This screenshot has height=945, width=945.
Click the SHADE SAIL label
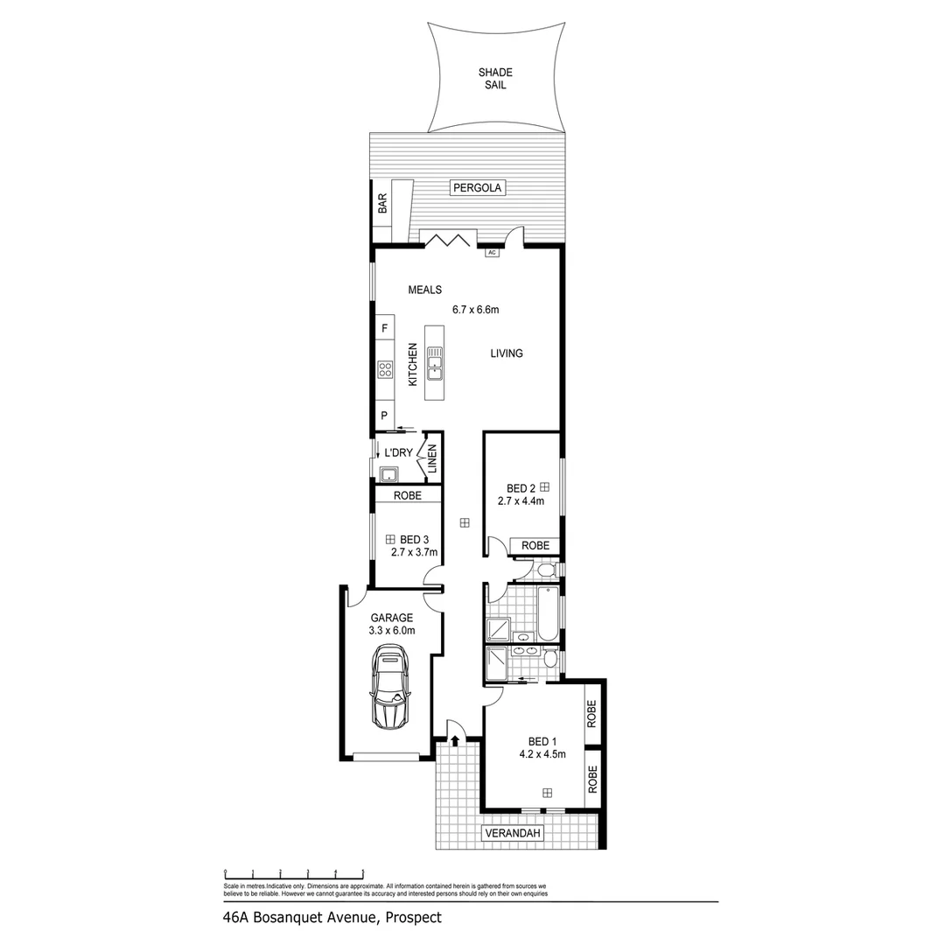point(495,79)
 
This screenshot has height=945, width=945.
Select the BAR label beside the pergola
point(381,204)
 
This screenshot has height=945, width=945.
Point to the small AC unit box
point(491,253)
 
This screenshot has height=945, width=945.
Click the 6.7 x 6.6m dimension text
point(475,309)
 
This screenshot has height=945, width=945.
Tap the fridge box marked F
point(383,328)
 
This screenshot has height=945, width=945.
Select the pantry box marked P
point(383,416)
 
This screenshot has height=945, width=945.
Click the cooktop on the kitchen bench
point(384,369)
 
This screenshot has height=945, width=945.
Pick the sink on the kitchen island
point(435,361)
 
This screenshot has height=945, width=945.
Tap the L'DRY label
point(398,453)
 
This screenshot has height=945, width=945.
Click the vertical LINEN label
point(431,459)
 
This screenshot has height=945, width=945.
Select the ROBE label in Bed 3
point(407,495)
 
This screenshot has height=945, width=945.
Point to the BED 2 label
point(521,488)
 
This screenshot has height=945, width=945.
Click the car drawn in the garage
point(390,687)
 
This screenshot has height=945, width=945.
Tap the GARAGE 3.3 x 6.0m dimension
point(391,630)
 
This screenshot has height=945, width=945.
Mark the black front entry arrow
point(455,740)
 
